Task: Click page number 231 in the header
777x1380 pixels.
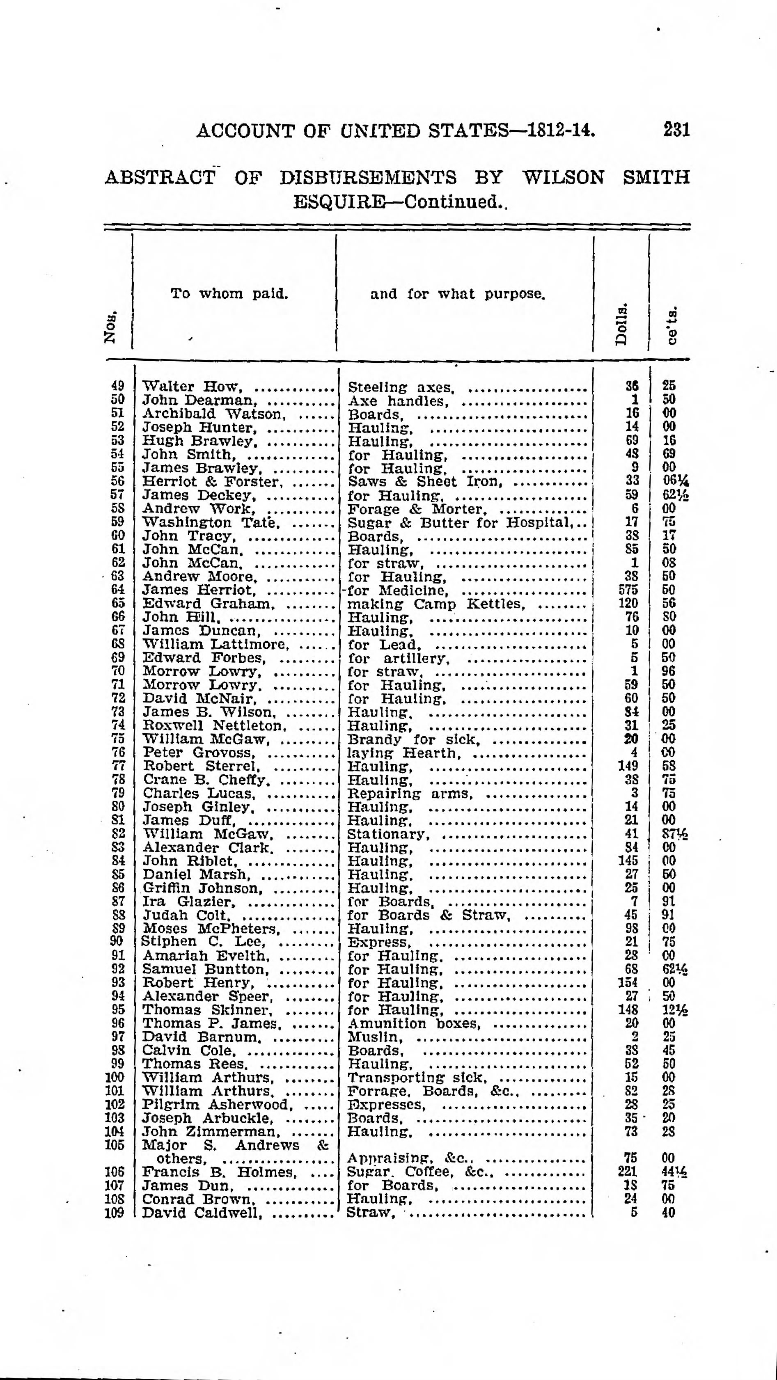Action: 676,130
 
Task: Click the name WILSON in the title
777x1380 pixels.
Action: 563,177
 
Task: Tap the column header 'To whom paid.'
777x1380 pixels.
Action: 229,293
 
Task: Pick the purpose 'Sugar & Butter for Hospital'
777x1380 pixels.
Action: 459,522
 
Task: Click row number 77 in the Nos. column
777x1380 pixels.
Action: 118,767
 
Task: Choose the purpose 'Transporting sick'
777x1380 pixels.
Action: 416,1077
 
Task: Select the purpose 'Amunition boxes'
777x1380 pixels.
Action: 414,1023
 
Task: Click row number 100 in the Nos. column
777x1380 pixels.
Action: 115,1077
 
